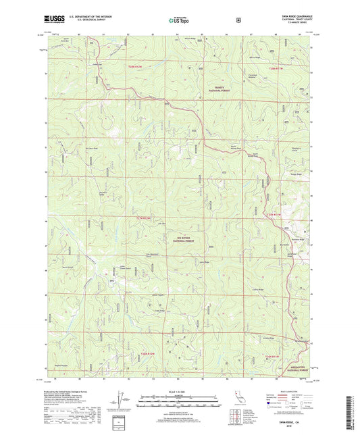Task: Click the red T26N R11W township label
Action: tap(270, 357)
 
